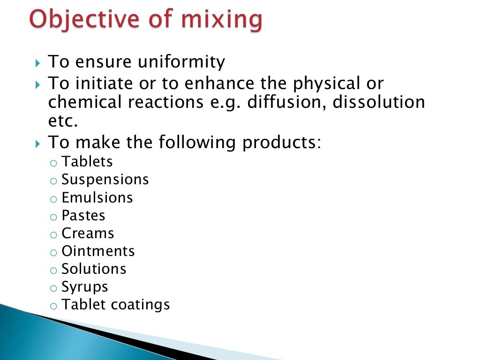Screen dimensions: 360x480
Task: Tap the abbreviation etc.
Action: pos(62,121)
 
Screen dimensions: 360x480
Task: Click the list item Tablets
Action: pos(87,162)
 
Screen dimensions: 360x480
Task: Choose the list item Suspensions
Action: pos(105,180)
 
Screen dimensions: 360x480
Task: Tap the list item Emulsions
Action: pos(97,197)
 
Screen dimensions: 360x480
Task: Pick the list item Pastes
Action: pos(83,216)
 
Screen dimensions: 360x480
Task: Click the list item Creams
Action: pos(88,233)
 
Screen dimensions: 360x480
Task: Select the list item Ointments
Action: pos(98,251)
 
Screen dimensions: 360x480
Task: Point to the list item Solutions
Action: pos(94,269)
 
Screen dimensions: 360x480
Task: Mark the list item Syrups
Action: pos(85,287)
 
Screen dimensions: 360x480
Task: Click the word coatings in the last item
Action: pos(140,305)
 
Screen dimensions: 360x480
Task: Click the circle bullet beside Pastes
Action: pos(54,217)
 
